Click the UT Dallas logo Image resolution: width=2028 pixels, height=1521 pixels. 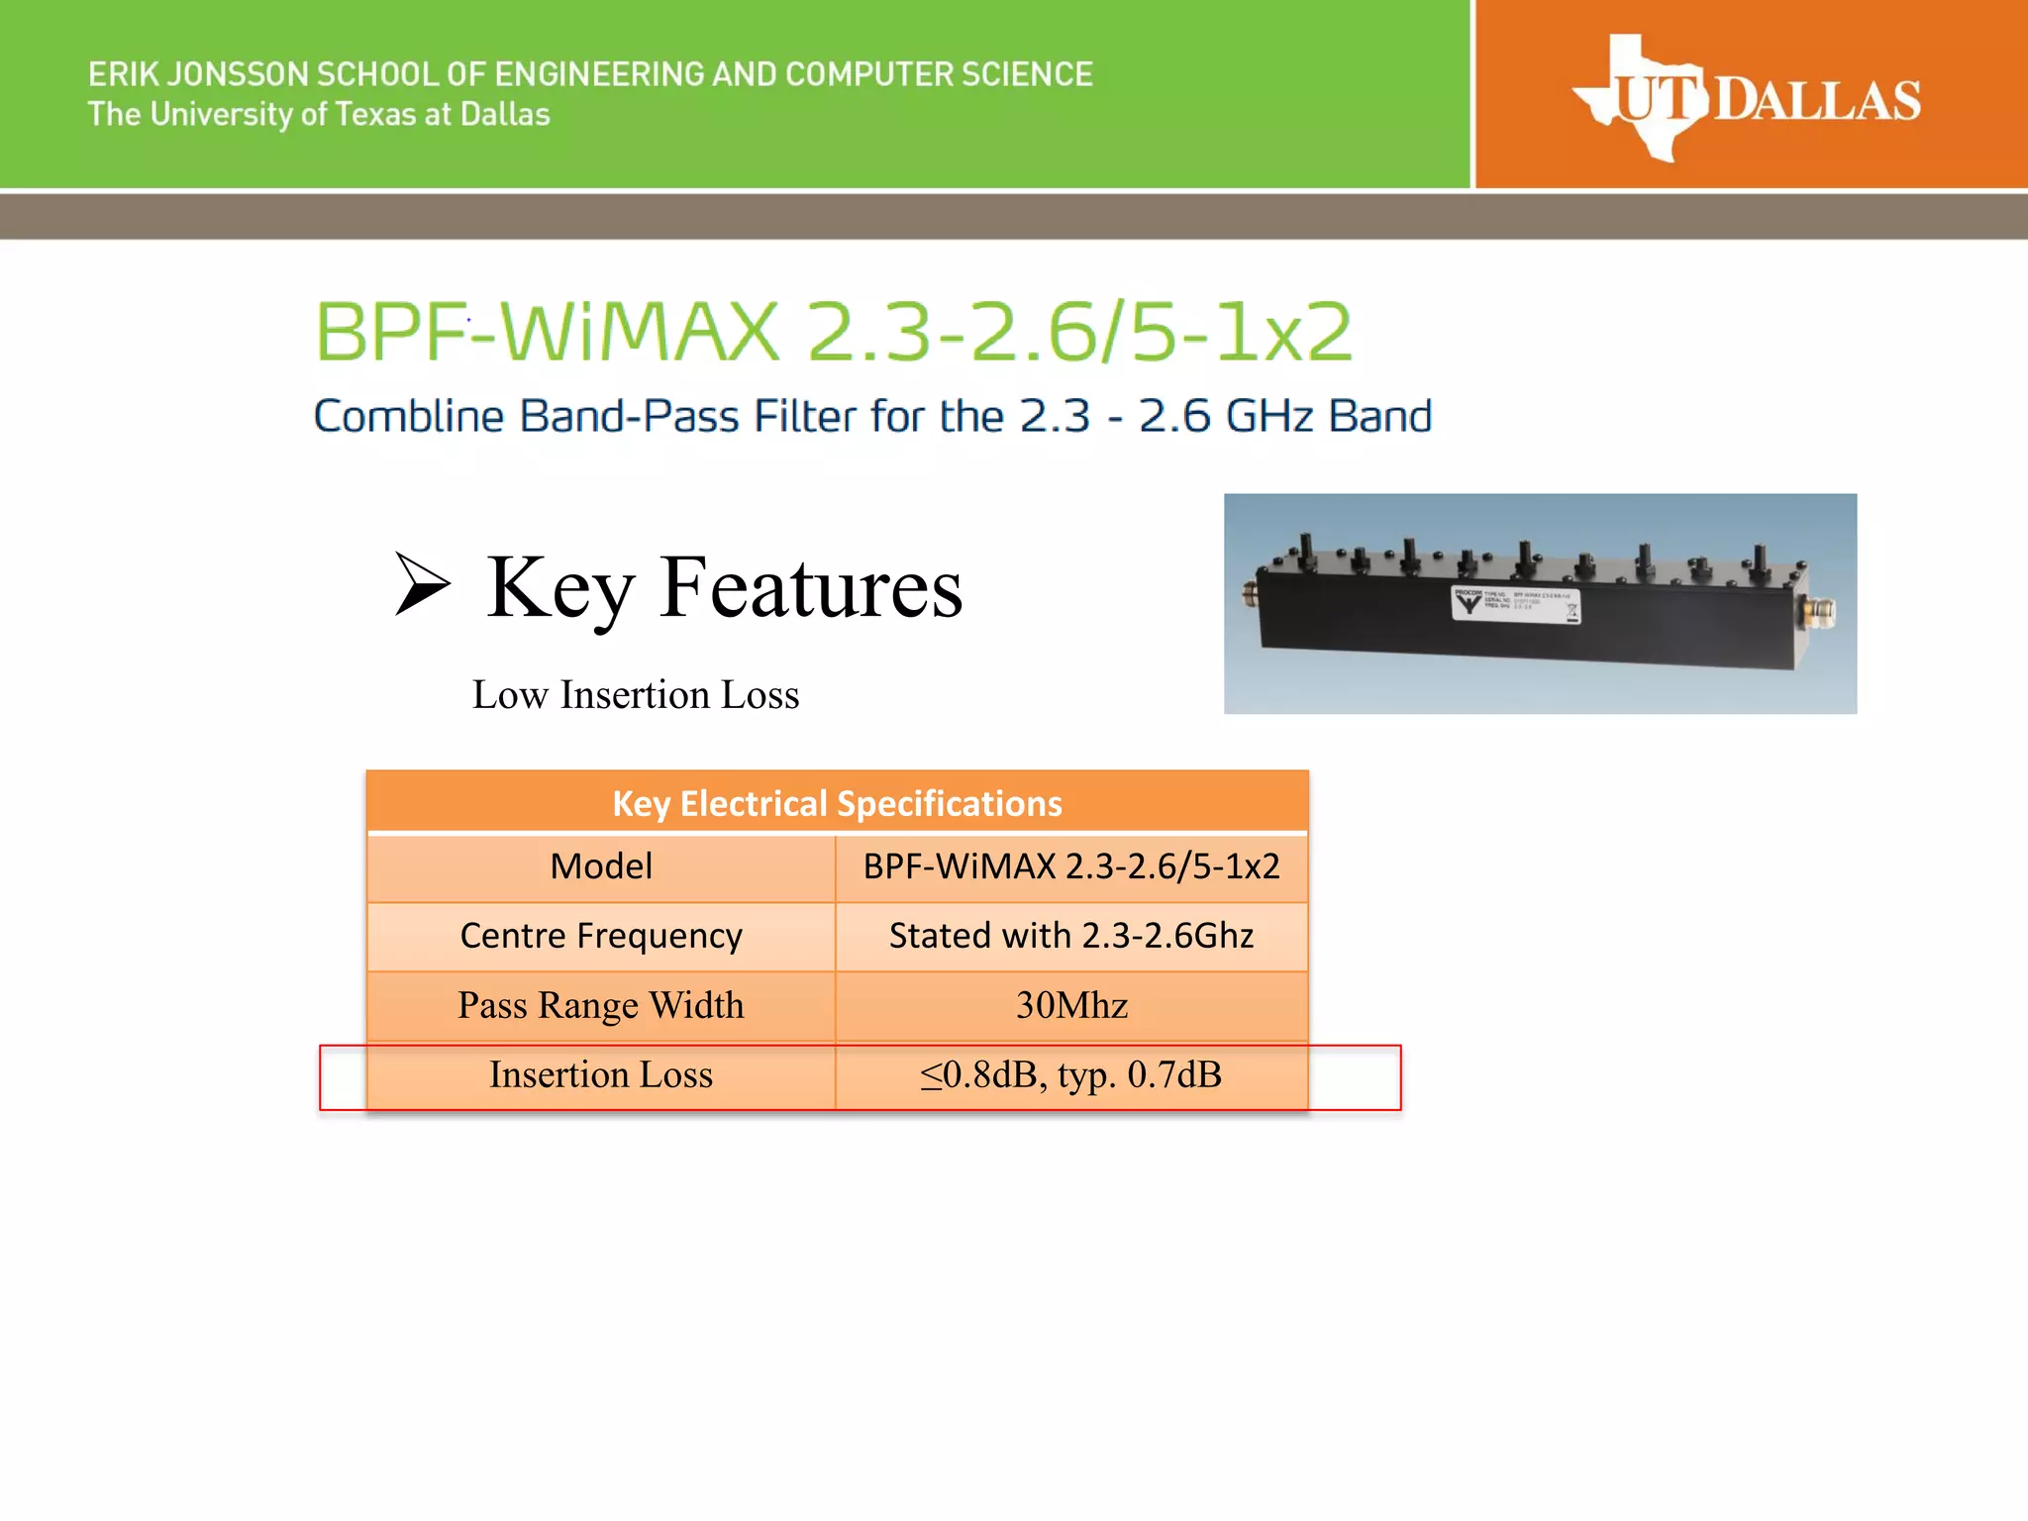point(1748,97)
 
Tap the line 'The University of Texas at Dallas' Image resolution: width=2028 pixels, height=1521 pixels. point(318,115)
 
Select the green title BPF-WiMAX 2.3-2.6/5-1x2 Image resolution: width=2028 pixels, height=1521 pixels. point(833,332)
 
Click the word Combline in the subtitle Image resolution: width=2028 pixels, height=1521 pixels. point(409,416)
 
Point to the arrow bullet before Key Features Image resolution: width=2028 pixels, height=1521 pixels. point(423,584)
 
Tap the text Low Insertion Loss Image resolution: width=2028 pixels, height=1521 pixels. point(635,695)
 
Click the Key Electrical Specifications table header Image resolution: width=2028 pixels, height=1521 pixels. point(837,803)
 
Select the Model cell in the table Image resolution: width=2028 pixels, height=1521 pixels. point(601,867)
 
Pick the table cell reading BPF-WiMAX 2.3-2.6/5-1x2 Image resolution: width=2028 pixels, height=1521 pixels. point(1071,867)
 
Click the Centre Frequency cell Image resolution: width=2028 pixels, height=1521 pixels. point(601,936)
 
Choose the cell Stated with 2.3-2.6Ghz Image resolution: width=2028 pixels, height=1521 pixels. point(1071,936)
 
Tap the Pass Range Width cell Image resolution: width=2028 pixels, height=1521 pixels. point(601,1006)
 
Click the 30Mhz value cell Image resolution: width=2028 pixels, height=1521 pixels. point(1071,1006)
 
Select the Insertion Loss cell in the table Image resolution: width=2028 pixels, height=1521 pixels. point(601,1075)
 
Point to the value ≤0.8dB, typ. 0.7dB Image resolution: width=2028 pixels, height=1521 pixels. point(1071,1075)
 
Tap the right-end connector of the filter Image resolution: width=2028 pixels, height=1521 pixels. point(1820,611)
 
